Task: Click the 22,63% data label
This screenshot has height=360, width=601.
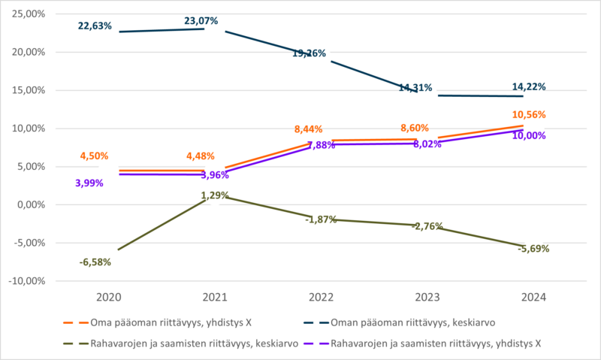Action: coord(95,26)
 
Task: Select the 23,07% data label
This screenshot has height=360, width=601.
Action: coord(202,21)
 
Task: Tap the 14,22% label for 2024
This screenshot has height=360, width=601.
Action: coord(530,87)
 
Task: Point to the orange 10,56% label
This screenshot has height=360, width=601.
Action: coord(530,115)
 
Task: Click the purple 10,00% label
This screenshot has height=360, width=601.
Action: coord(530,136)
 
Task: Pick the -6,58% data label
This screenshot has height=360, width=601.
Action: coord(95,262)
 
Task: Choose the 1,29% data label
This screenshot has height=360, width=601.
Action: coord(215,195)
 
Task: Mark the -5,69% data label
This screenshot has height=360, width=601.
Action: coord(533,248)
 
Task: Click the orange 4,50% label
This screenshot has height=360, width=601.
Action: coord(95,156)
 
